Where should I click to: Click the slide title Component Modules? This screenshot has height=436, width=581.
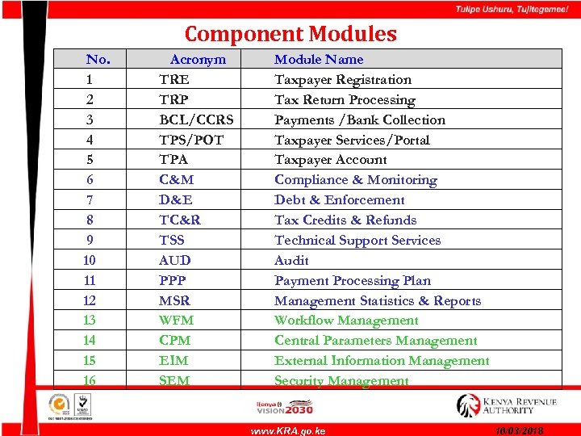coord(290,34)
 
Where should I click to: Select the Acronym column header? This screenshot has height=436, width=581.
coord(198,59)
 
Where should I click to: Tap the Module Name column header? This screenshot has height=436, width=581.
coord(319,59)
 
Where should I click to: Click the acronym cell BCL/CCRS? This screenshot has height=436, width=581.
coord(197,119)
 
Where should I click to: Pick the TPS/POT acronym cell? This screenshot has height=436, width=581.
coord(191,140)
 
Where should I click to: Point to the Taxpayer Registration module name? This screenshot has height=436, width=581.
coord(343,79)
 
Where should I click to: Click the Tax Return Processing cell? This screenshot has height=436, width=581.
coord(345,99)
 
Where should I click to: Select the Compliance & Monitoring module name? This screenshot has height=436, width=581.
coord(355,179)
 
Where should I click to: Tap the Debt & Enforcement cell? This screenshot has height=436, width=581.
coord(340,199)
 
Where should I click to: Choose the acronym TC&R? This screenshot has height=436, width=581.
coord(180,220)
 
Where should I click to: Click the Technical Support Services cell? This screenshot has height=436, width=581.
coord(357,240)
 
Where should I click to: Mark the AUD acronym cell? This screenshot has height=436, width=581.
coord(175,260)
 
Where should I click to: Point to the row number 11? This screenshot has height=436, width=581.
coord(90,280)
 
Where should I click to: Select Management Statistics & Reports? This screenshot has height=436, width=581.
coord(378,300)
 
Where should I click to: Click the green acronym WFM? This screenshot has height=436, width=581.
coord(177,320)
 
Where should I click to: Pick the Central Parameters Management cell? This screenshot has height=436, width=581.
coord(376,340)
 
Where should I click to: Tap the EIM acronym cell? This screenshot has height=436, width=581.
coord(174,360)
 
